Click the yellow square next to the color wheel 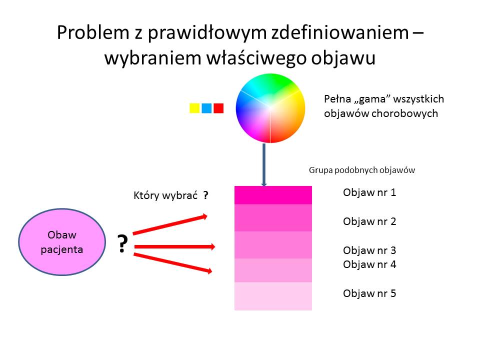coord(194,108)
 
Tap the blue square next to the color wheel coord(206,108)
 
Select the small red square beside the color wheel coord(218,108)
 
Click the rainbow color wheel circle coord(270,108)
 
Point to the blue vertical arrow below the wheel coord(264,164)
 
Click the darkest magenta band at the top coord(273,195)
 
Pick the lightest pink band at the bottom coord(273,296)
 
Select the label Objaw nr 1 coord(369,192)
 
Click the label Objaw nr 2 coord(369,221)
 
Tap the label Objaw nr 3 coord(369,250)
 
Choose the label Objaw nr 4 coord(369,264)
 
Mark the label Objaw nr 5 coord(369,293)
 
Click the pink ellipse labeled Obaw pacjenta coord(62,242)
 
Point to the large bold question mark coord(122,243)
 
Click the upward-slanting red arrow coord(170,225)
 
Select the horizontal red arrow coord(174,246)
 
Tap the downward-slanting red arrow coord(172,262)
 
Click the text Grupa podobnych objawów coord(362,170)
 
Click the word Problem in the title coord(93,32)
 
